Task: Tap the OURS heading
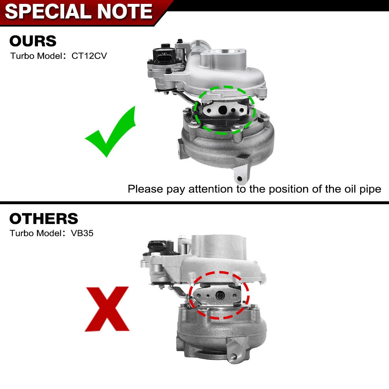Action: [x=33, y=41]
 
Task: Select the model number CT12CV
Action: [x=89, y=56]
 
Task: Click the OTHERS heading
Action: [x=44, y=218]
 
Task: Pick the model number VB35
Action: [x=82, y=233]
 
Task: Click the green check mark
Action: [x=110, y=132]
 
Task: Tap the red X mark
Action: [x=107, y=309]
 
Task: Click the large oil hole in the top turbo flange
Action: [x=223, y=110]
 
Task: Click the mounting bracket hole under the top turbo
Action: [x=240, y=179]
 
